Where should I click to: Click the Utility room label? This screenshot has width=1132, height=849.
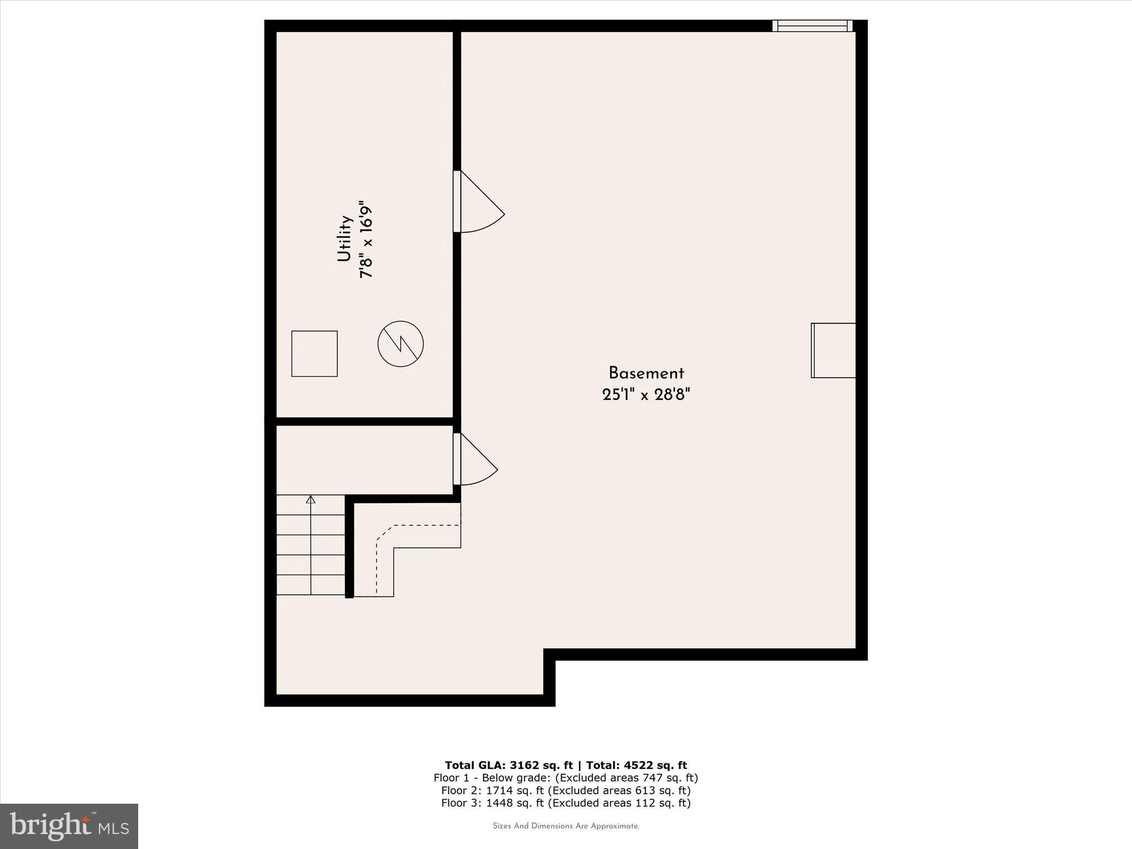click(345, 239)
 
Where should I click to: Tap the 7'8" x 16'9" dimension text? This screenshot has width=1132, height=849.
click(366, 239)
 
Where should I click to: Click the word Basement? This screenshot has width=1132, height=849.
click(646, 373)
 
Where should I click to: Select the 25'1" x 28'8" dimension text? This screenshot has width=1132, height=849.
click(646, 395)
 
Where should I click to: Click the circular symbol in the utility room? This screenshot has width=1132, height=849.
click(401, 344)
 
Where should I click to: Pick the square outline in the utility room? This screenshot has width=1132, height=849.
click(315, 354)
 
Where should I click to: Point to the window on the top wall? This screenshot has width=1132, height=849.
click(812, 25)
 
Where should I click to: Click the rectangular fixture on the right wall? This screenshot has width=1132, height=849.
click(834, 350)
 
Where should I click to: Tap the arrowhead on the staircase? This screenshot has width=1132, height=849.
click(311, 500)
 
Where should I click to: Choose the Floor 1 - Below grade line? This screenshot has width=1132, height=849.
click(565, 778)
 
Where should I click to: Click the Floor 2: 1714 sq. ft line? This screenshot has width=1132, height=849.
click(565, 790)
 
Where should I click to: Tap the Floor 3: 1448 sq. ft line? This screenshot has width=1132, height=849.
click(565, 803)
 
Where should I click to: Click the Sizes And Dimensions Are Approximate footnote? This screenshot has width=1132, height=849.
click(565, 826)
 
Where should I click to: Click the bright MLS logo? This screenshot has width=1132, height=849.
click(69, 826)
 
